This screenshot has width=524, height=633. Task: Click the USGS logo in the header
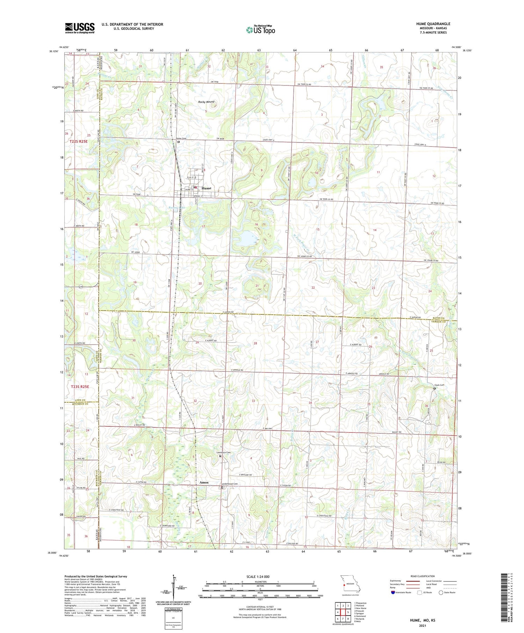pyautogui.click(x=80, y=28)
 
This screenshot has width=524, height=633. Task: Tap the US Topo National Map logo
pyautogui.click(x=260, y=30)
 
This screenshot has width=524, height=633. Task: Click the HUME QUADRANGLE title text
pyautogui.click(x=433, y=24)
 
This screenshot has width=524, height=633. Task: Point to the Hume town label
pyautogui.click(x=206, y=188)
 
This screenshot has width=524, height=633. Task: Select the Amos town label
pyautogui.click(x=204, y=483)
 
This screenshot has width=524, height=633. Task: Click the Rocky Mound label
pyautogui.click(x=206, y=102)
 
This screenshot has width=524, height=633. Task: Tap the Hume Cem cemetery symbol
pyautogui.click(x=179, y=142)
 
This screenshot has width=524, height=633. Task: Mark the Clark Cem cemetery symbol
pyautogui.click(x=435, y=388)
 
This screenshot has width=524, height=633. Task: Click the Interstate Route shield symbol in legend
pyautogui.click(x=393, y=592)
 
